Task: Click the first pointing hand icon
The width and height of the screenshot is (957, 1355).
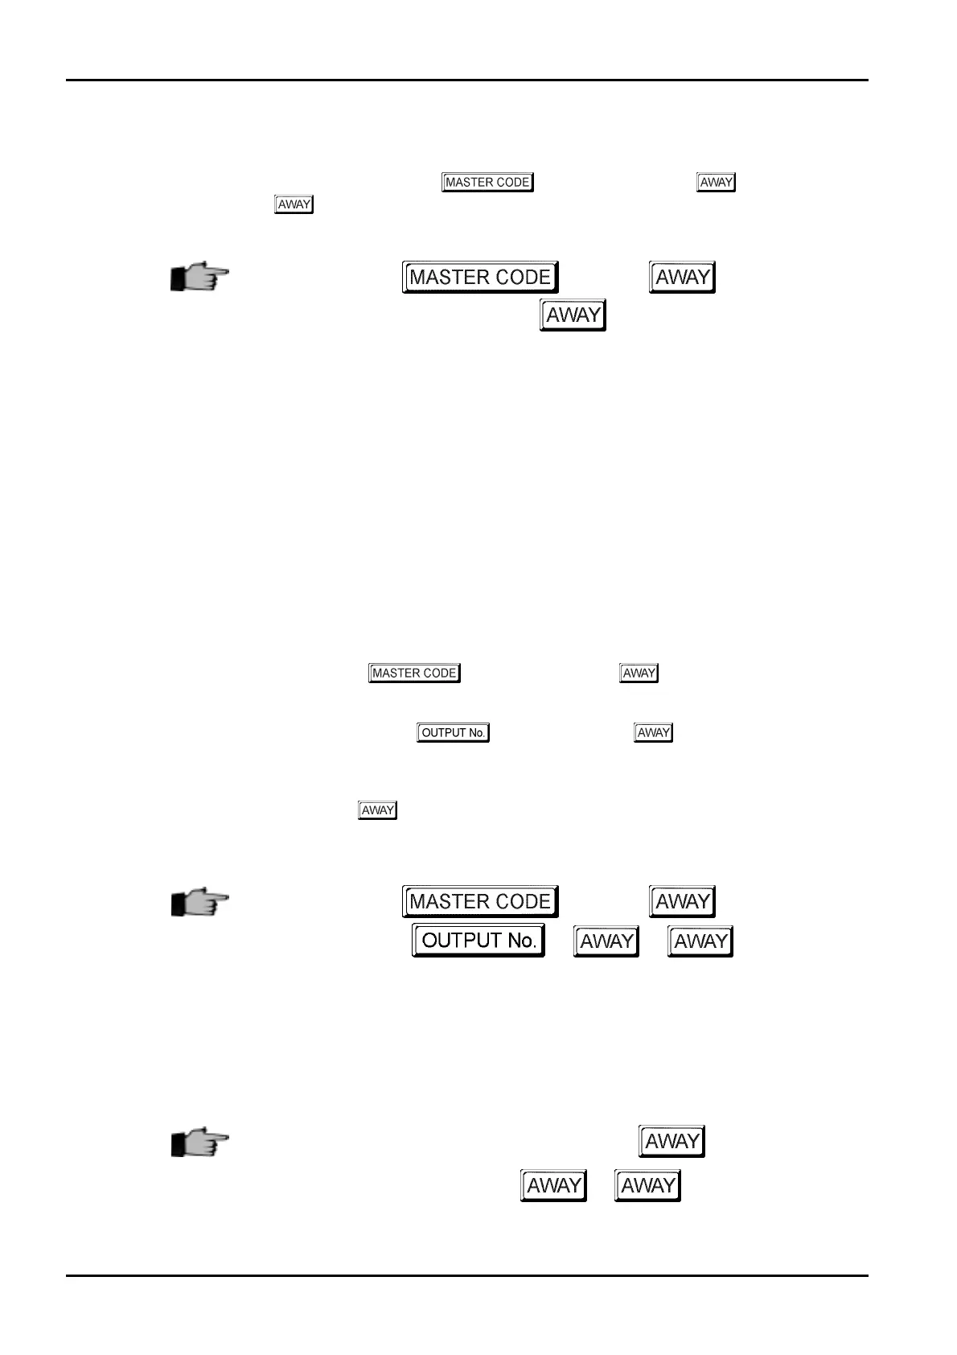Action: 199,278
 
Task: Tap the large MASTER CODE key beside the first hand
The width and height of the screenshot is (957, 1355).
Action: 480,278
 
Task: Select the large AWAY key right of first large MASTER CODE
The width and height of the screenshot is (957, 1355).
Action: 682,278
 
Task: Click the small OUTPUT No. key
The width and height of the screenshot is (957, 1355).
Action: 454,733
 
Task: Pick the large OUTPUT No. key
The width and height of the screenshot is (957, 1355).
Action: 478,941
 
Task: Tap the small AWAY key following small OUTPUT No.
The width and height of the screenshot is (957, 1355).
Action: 653,733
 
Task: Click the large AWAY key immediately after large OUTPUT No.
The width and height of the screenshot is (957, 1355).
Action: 606,941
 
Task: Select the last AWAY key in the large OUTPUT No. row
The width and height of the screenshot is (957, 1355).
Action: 700,941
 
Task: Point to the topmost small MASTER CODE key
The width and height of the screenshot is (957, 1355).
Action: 488,183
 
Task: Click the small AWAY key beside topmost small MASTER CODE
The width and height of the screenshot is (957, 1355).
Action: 716,183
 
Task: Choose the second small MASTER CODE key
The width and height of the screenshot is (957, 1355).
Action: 414,673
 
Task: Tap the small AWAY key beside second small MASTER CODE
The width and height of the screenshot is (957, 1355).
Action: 639,673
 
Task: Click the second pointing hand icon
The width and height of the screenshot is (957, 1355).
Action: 199,903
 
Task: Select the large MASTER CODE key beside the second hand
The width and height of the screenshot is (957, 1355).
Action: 480,902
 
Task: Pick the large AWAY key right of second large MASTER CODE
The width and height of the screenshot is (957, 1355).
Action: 682,902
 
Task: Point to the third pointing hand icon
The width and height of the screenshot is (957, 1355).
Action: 199,1142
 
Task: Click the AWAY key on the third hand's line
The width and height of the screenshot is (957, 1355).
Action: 672,1142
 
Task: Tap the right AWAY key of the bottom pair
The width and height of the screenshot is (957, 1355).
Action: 647,1186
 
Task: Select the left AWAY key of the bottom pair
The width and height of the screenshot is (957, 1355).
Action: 553,1186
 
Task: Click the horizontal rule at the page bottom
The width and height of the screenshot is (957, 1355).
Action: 466,1275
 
